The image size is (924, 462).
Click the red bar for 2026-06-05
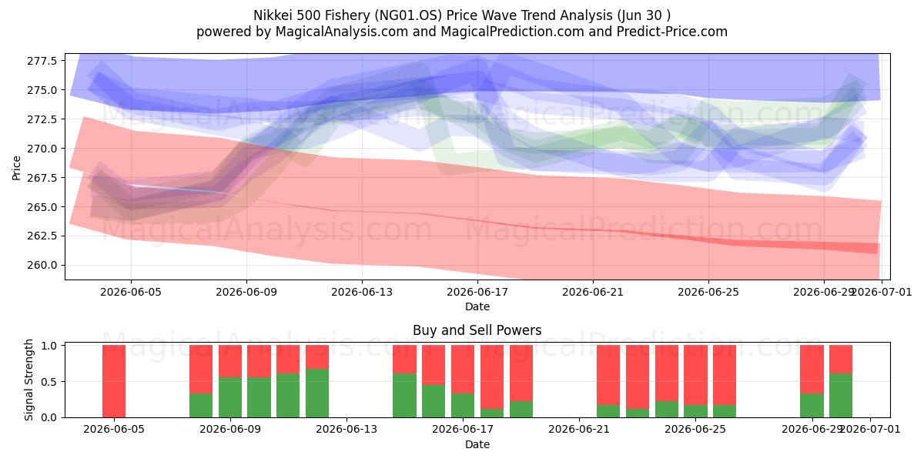click(x=114, y=381)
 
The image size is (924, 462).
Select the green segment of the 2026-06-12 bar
click(x=317, y=393)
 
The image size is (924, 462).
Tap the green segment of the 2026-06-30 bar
click(x=841, y=395)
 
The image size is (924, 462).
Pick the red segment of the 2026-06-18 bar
click(x=492, y=377)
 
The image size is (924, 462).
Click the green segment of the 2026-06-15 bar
click(x=404, y=395)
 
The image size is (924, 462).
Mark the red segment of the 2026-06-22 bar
click(x=608, y=375)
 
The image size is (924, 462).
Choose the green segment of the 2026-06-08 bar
click(x=201, y=406)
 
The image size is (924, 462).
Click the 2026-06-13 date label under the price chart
click(x=362, y=292)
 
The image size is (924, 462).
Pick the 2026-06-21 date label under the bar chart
click(x=579, y=430)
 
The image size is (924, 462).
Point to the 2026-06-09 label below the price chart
click(x=246, y=292)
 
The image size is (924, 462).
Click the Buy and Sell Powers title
click(x=477, y=330)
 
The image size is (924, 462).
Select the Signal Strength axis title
click(x=28, y=380)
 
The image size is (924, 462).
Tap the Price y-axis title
click(x=16, y=168)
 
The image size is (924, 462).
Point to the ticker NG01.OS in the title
click(x=408, y=15)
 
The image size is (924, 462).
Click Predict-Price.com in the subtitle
click(x=672, y=32)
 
